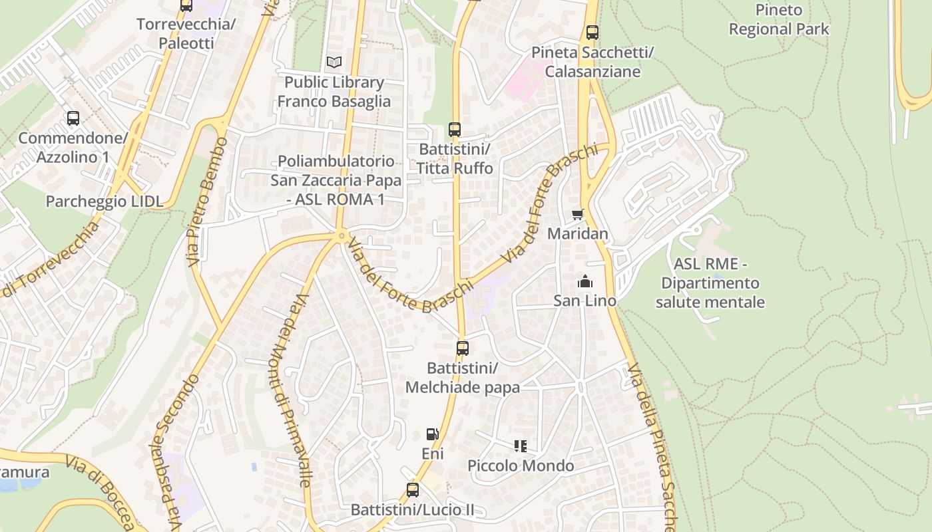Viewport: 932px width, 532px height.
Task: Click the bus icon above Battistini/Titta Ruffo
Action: [x=455, y=129]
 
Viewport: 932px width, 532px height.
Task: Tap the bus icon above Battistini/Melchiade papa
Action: [x=462, y=348]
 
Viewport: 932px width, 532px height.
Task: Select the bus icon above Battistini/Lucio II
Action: [x=413, y=490]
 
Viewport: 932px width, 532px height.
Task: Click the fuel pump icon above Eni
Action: [x=432, y=434]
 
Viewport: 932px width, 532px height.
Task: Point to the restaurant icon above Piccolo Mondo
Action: [x=521, y=446]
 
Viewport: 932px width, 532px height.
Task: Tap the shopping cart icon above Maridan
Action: [x=577, y=214]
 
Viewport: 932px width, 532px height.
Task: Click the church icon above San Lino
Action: [x=585, y=281]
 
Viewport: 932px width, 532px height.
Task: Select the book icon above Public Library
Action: [x=334, y=63]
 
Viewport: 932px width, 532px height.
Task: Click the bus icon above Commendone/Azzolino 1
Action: [x=73, y=118]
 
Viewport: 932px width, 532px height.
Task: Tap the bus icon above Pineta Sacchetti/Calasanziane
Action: [x=592, y=32]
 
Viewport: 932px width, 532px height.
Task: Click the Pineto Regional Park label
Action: [x=779, y=19]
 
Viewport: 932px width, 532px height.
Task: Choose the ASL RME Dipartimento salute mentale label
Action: [x=710, y=283]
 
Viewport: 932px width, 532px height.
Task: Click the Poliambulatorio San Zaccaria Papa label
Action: [x=336, y=180]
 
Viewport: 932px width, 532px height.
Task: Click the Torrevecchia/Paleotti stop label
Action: [x=186, y=34]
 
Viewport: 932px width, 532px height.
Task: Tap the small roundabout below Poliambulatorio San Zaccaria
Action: [x=342, y=235]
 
